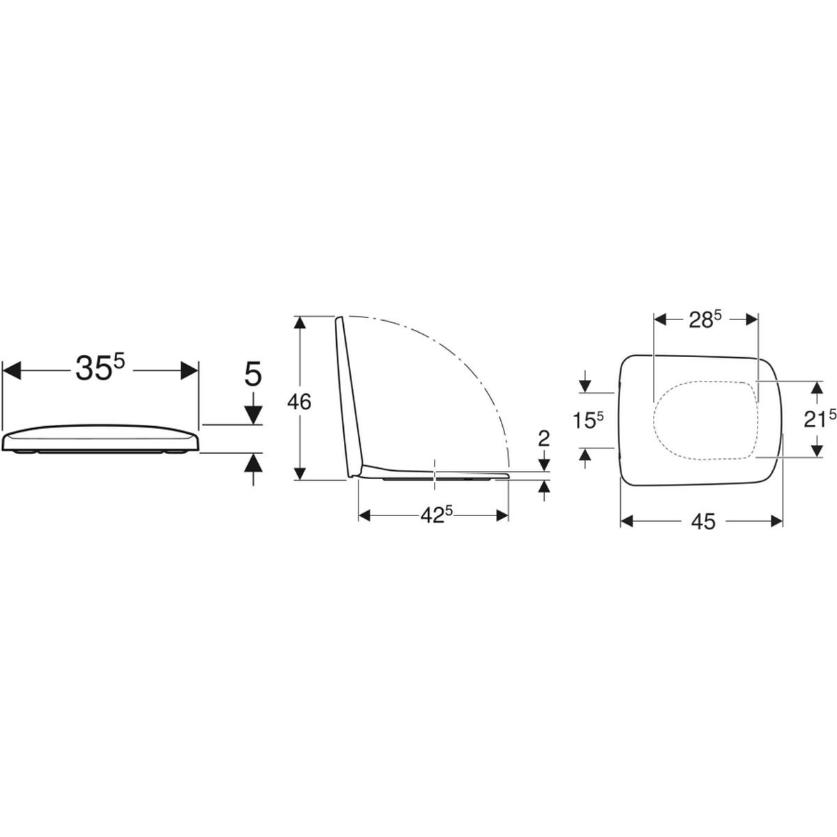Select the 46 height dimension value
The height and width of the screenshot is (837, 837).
pos(299,402)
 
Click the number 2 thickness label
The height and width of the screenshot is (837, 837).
pos(544,439)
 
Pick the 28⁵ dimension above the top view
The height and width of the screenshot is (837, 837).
pos(705,320)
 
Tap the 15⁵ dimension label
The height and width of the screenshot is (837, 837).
pos(588,420)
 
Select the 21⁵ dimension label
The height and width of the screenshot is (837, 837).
pos(820,420)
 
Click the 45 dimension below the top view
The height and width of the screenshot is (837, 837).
pos(703,521)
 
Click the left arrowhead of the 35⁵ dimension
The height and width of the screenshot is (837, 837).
pos(12,370)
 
